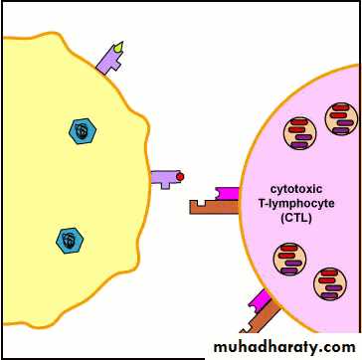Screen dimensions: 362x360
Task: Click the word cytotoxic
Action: (x=296, y=189)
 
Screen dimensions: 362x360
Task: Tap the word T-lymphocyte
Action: (x=296, y=204)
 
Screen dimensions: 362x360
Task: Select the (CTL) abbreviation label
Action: (x=296, y=218)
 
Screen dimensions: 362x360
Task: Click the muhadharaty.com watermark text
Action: (x=284, y=347)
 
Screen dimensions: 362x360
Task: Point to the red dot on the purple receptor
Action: (x=180, y=177)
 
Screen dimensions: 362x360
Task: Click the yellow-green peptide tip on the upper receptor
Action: (x=118, y=48)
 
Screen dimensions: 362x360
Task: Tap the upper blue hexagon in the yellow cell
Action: (x=83, y=131)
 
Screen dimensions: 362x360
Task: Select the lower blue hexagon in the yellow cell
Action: (x=70, y=241)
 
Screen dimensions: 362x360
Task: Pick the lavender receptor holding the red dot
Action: (x=166, y=178)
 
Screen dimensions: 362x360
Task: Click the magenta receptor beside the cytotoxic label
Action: (x=228, y=194)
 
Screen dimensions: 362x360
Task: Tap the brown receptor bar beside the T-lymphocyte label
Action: (x=215, y=207)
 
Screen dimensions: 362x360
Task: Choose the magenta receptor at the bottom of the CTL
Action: (x=260, y=300)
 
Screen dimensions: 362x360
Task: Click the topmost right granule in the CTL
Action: (x=341, y=118)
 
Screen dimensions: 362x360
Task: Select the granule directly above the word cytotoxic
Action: (x=299, y=133)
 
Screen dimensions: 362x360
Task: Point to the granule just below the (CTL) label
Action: (x=289, y=259)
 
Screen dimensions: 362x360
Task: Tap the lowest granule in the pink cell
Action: (x=330, y=283)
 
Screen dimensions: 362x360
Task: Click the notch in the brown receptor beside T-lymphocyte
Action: (x=202, y=202)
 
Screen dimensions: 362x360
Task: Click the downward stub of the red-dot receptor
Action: (x=165, y=186)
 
